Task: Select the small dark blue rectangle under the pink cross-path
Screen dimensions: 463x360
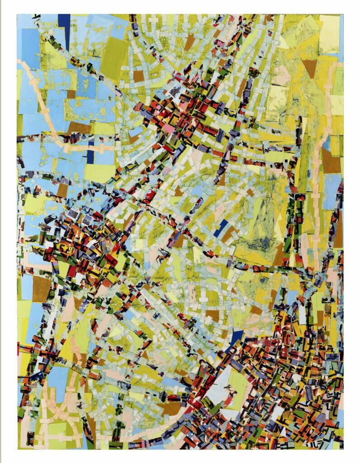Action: (90, 156)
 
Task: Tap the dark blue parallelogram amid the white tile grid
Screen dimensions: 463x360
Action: (221, 228)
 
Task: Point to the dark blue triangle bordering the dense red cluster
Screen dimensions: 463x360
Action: (235, 337)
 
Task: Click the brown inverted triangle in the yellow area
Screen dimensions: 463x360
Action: (310, 68)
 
